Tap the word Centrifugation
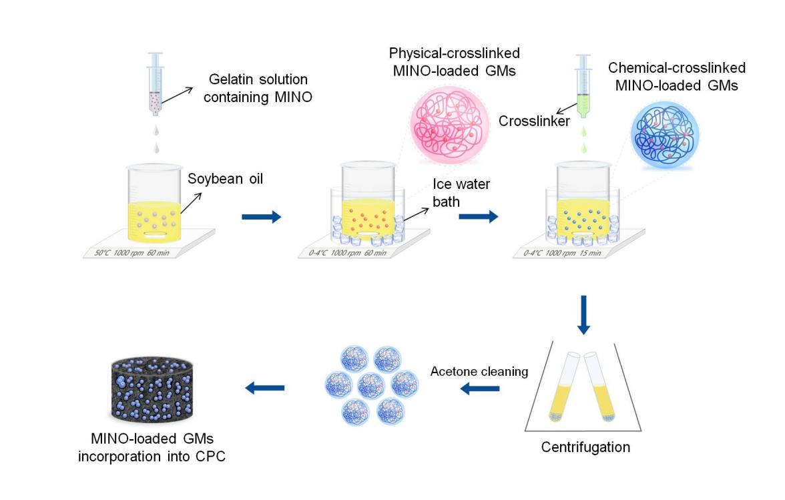pos(585,447)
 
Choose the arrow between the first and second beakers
pos(261,216)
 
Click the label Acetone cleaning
pos(479,371)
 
